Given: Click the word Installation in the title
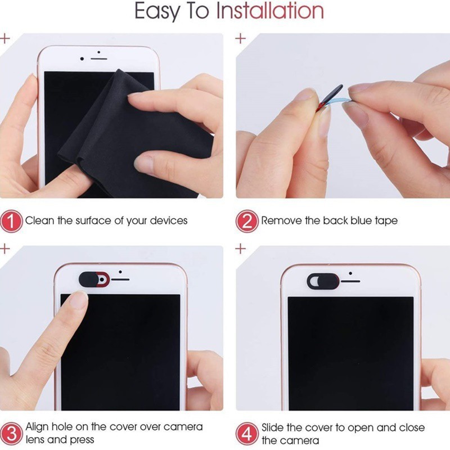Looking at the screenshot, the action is pyautogui.click(x=270, y=11).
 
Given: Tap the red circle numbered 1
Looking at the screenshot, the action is pyautogui.click(x=11, y=221).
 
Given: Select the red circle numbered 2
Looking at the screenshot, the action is pyautogui.click(x=247, y=221).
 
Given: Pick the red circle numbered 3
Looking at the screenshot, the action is pyautogui.click(x=11, y=433).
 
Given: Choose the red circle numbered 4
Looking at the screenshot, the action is pyautogui.click(x=247, y=433).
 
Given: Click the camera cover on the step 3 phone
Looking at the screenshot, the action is pyautogui.click(x=94, y=279).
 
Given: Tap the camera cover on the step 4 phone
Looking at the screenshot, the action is pyautogui.click(x=323, y=281).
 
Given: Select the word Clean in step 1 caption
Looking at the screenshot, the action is pyautogui.click(x=40, y=220).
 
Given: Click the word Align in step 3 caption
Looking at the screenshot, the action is pyautogui.click(x=36, y=427).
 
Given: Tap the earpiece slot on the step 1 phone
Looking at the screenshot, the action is pyautogui.click(x=99, y=59).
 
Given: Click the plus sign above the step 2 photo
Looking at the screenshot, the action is pyautogui.click(x=241, y=38).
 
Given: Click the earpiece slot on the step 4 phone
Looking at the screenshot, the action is pyautogui.click(x=350, y=281).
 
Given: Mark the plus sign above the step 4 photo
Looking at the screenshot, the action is pyautogui.click(x=241, y=249).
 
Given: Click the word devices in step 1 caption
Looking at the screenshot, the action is pyautogui.click(x=169, y=220).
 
